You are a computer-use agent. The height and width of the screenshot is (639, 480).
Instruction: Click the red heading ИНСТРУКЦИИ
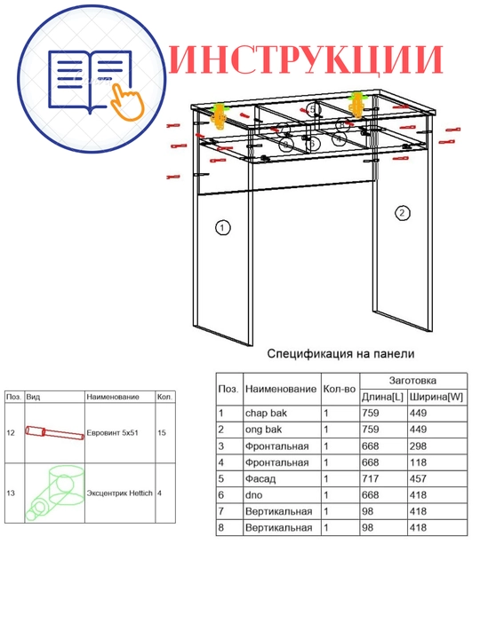pyautogui.click(x=306, y=59)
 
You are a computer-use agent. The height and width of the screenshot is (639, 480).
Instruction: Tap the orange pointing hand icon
pyautogui.click(x=128, y=101)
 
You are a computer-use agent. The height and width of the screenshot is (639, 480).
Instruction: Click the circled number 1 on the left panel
pyautogui.click(x=222, y=227)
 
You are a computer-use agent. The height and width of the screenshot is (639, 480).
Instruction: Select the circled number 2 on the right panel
pyautogui.click(x=402, y=213)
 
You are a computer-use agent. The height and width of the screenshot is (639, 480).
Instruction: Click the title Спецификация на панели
pyautogui.click(x=340, y=354)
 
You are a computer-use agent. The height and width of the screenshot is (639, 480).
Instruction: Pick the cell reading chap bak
pyautogui.click(x=266, y=414)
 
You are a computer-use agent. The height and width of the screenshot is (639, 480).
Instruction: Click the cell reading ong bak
pyautogui.click(x=263, y=430)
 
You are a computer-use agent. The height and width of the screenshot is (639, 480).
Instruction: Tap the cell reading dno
pyautogui.click(x=254, y=495)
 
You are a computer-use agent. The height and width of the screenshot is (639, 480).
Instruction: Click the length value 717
pyautogui.click(x=370, y=479)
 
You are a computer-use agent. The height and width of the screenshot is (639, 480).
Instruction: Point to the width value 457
pyautogui.click(x=418, y=479)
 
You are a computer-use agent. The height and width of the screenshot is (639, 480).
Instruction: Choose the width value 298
pyautogui.click(x=418, y=446)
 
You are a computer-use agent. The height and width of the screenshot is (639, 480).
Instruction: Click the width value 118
pyautogui.click(x=418, y=462)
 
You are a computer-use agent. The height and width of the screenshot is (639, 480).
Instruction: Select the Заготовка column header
pyautogui.click(x=412, y=381)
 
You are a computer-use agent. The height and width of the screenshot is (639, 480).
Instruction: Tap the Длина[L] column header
pyautogui.click(x=382, y=397)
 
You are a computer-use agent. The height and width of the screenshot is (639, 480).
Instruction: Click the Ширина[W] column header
pyautogui.click(x=436, y=397)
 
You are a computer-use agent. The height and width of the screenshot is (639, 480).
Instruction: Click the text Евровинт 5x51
pyautogui.click(x=112, y=433)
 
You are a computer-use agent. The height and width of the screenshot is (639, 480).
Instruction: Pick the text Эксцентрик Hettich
pyautogui.click(x=119, y=493)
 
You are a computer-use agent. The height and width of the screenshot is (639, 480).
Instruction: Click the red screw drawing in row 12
pyautogui.click(x=55, y=433)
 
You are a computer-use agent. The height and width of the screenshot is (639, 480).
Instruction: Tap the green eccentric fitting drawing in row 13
pyautogui.click(x=55, y=493)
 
